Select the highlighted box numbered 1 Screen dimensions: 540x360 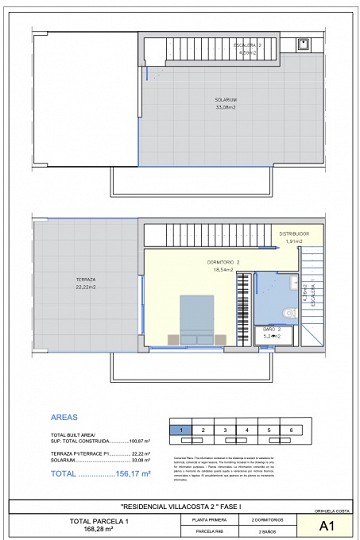point(181,430)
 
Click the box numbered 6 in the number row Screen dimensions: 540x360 point(291,430)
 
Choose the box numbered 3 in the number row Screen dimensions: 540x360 point(225,430)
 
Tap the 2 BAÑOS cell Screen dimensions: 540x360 point(265,532)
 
